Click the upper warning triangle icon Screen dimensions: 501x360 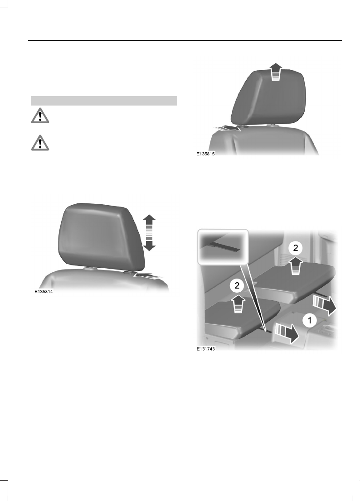coord(40,116)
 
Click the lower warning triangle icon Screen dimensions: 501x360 coord(40,142)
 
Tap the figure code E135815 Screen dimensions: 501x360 coord(205,154)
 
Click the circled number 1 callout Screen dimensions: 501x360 coord(309,321)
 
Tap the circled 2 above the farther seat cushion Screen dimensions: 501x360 coord(295,248)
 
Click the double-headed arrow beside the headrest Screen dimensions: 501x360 coord(150,232)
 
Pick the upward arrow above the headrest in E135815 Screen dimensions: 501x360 coord(274,72)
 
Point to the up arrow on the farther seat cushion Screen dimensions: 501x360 coord(295,266)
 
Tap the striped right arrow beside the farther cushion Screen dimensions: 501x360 coord(324,304)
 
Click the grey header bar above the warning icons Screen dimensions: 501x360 coord(103,101)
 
